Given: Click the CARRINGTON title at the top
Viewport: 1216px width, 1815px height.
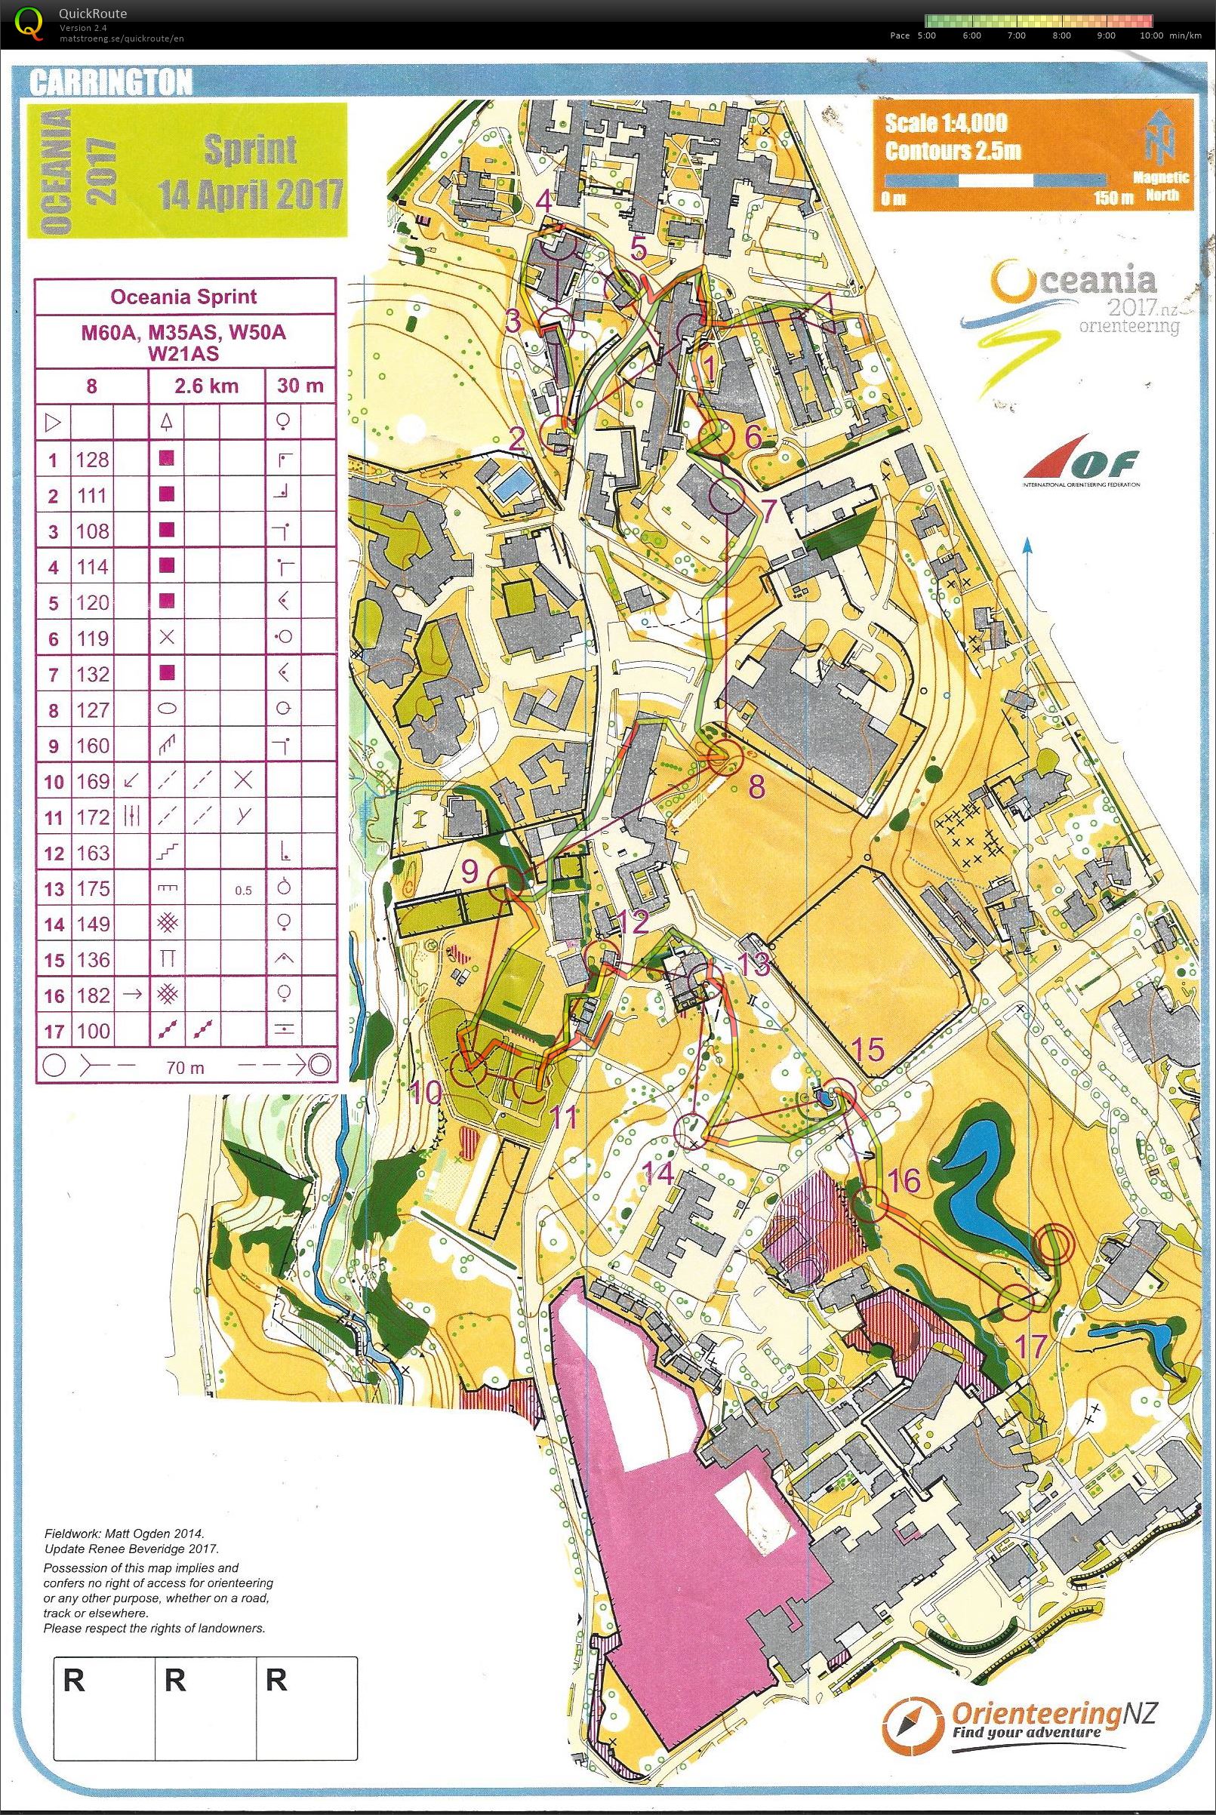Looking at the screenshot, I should (x=109, y=83).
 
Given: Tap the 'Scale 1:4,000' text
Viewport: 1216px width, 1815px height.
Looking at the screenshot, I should (x=946, y=122).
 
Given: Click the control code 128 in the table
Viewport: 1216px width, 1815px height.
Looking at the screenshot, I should (x=92, y=460).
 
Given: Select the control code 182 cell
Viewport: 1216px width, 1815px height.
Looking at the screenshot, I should (x=92, y=995).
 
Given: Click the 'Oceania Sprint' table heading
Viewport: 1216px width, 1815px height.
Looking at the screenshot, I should (x=185, y=296).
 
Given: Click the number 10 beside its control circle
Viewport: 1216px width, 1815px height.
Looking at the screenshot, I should (x=426, y=1094).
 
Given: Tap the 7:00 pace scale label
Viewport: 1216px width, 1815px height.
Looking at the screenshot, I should (x=1016, y=35).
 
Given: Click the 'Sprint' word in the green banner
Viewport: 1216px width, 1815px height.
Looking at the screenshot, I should (x=250, y=149).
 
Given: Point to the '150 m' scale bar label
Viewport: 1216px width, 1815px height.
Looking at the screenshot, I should (x=1110, y=198).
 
